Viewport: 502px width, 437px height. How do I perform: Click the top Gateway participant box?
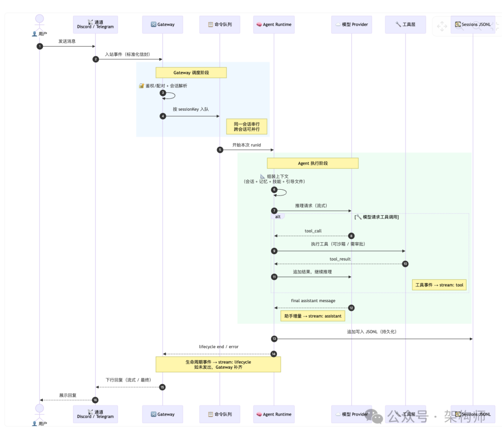pyautogui.click(x=163, y=25)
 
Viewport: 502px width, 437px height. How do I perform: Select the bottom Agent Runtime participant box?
pyautogui.click(x=274, y=414)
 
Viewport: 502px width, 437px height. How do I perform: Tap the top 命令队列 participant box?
pyautogui.click(x=220, y=25)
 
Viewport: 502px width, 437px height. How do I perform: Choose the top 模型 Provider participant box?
pyautogui.click(x=351, y=25)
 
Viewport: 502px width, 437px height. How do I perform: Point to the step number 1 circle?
pyautogui.click(x=40, y=46)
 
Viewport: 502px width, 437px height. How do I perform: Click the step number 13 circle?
pyautogui.click(x=274, y=339)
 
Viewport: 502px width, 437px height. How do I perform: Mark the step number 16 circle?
pyautogui.click(x=95, y=400)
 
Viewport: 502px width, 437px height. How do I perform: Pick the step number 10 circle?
pyautogui.click(x=405, y=264)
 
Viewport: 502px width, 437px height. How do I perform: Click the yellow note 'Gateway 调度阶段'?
pyautogui.click(x=191, y=73)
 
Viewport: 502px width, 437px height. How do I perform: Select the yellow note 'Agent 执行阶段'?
pyautogui.click(x=312, y=163)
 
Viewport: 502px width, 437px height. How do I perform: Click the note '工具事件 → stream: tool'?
pyautogui.click(x=439, y=285)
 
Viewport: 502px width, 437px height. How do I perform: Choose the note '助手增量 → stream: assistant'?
pyautogui.click(x=313, y=316)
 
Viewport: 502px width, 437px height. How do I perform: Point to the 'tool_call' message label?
pyautogui.click(x=313, y=231)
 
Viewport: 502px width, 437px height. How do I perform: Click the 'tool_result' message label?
pyautogui.click(x=340, y=259)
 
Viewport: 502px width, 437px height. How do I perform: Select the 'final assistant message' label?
pyautogui.click(x=313, y=301)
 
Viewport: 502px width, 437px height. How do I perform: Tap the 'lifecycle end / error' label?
pyautogui.click(x=218, y=347)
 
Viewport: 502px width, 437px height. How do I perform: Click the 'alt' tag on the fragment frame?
pyautogui.click(x=277, y=217)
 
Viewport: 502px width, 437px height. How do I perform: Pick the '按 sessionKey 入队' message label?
pyautogui.click(x=191, y=109)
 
